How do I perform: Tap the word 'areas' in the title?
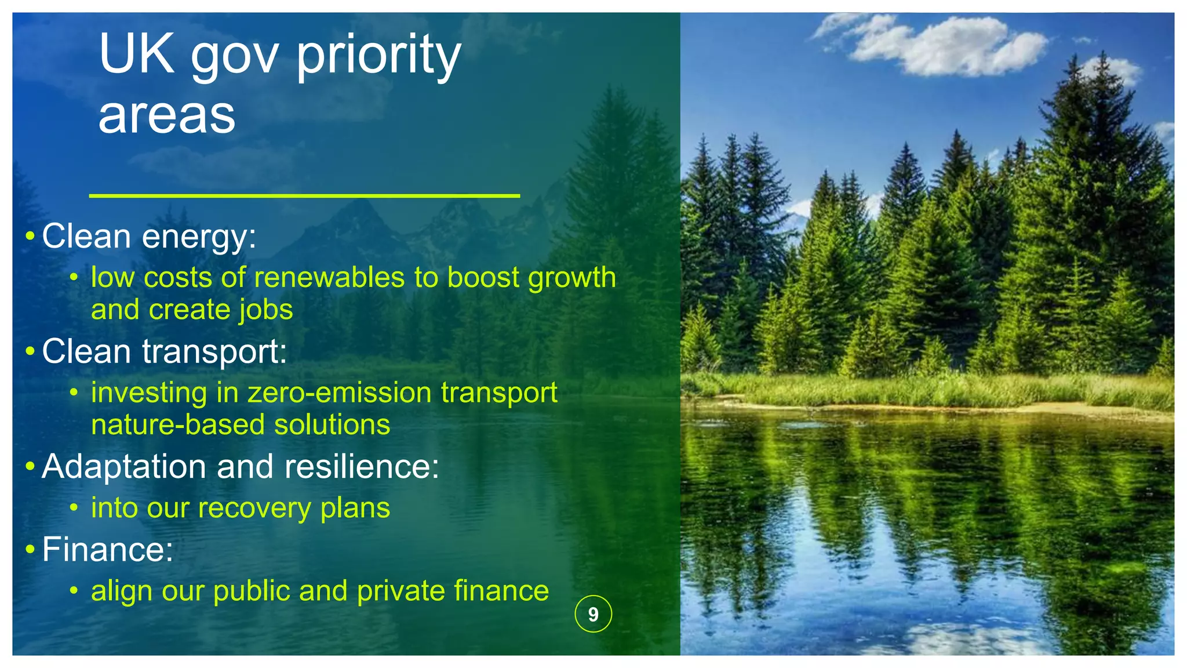pos(167,115)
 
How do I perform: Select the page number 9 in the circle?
pos(593,614)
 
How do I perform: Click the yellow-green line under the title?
pos(304,196)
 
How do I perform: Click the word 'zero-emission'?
pos(340,393)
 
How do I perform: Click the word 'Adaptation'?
pos(124,466)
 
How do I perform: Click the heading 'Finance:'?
pos(108,549)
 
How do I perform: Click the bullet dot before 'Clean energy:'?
pos(30,237)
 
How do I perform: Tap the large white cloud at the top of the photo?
pos(951,46)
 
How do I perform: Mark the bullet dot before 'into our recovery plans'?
pos(74,509)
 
